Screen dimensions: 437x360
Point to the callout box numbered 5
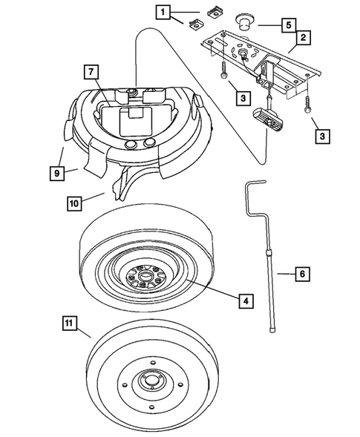(286, 23)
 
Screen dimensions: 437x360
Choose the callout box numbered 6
(301, 274)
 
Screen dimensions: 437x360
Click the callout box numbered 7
(89, 72)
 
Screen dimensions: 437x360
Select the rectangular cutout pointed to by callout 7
(133, 113)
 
